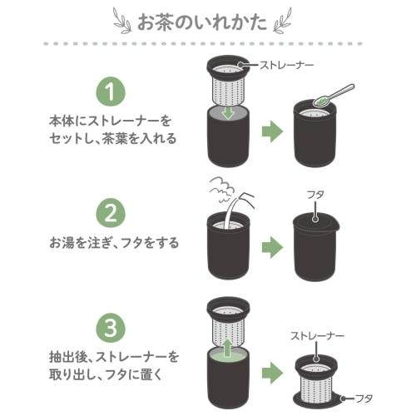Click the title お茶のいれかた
(207, 19)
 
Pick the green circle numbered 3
(112, 325)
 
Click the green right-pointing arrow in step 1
(271, 131)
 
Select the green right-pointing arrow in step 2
(271, 245)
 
